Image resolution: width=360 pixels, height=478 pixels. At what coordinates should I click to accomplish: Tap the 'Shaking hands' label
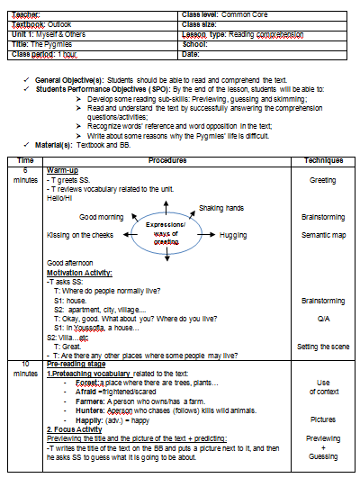point(220,208)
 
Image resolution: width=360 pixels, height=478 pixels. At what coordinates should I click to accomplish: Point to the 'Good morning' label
point(101,217)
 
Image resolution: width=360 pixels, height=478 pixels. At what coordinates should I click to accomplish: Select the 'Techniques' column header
point(322,159)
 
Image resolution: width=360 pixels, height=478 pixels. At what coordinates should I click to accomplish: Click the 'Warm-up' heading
point(62,169)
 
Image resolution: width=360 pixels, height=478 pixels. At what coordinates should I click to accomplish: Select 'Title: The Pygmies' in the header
point(42,43)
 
